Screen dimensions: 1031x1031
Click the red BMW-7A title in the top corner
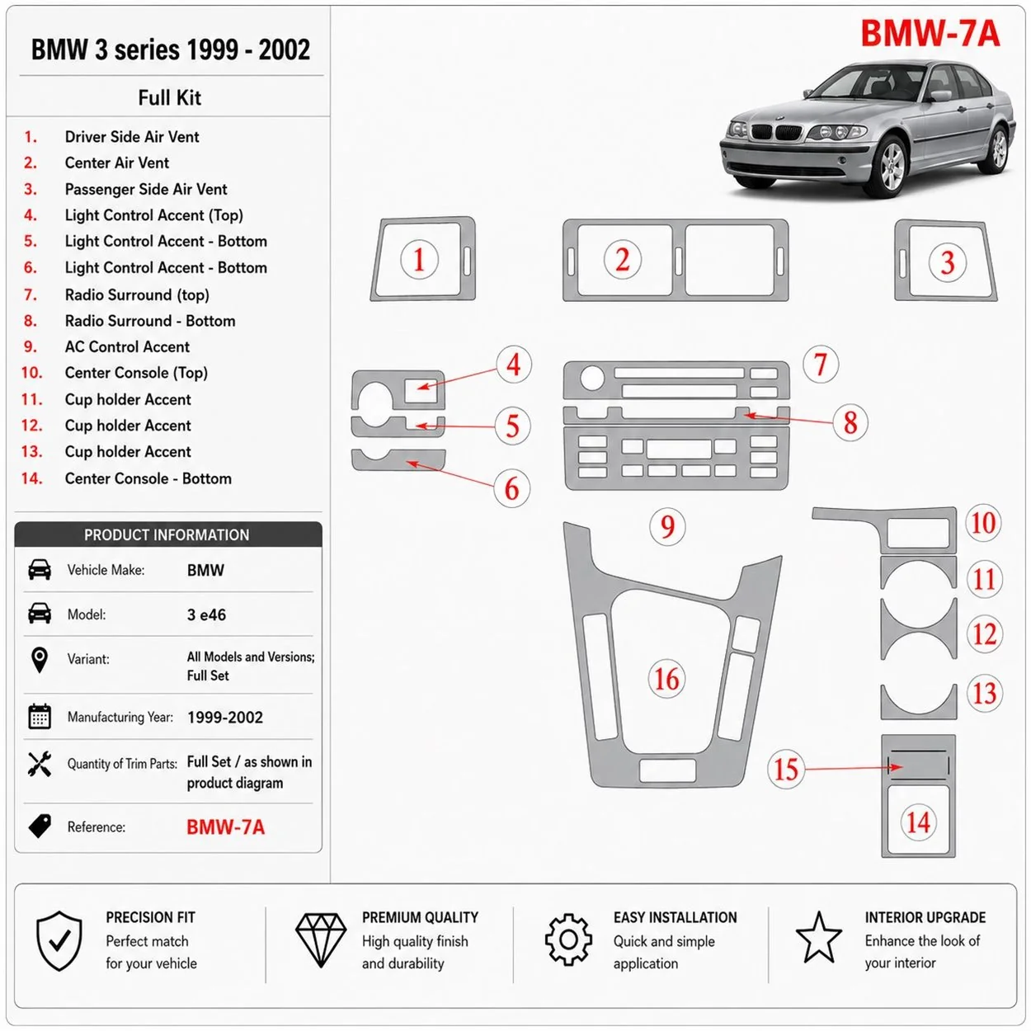pos(930,33)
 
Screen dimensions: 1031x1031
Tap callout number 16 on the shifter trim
pos(666,679)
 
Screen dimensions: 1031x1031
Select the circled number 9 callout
pos(667,526)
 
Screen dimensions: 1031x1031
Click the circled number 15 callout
pos(786,769)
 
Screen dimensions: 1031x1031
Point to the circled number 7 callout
pos(820,364)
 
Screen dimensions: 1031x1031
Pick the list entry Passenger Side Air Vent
pos(145,190)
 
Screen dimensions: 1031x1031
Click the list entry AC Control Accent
pos(127,346)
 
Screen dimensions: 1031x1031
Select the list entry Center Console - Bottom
pos(148,478)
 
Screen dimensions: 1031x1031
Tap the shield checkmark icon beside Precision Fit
pos(59,940)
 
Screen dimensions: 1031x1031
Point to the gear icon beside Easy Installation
pos(568,939)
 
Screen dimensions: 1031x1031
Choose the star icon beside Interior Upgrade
pos(818,937)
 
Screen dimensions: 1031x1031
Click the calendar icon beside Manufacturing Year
pos(39,717)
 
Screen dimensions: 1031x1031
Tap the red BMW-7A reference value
pos(225,827)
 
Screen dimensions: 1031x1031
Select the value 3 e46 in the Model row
pos(206,614)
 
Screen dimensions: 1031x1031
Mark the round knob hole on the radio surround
pos(591,379)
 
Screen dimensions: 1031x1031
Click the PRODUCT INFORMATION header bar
pos(168,534)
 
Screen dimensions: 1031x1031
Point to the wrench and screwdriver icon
pos(40,764)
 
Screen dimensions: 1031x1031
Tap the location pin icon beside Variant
pos(39,660)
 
